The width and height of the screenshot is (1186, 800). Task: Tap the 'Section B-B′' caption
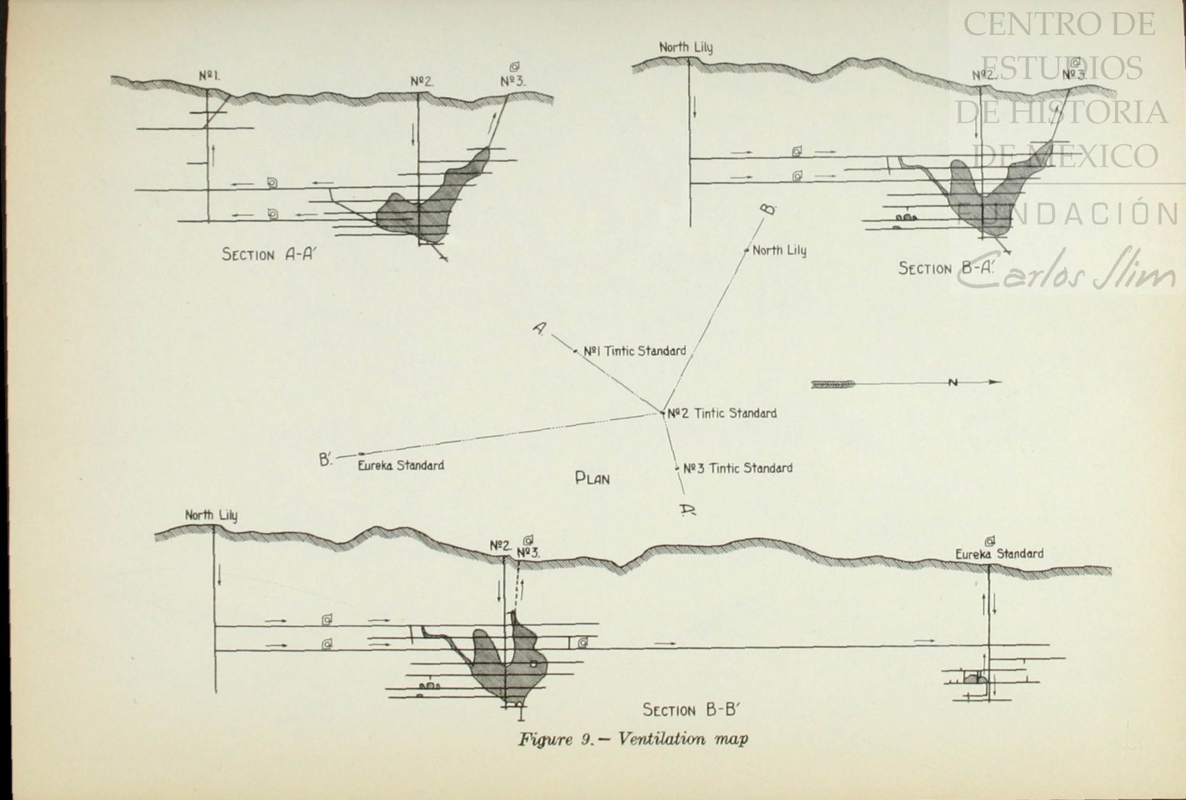(690, 709)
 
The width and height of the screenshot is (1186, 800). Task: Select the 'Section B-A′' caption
(946, 268)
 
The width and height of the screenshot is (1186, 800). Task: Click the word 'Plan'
(592, 478)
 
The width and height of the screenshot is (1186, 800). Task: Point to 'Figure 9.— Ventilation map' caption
(632, 740)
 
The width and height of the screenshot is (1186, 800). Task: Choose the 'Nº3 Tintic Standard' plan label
(737, 468)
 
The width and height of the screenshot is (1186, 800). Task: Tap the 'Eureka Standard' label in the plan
(401, 465)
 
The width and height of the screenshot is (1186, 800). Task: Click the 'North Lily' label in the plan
(779, 250)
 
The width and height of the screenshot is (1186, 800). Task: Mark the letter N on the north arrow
(952, 383)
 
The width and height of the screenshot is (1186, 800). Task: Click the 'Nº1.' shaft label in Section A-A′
(209, 76)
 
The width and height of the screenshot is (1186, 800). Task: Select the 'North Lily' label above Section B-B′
(211, 515)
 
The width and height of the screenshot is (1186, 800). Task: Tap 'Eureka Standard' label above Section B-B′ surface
(999, 554)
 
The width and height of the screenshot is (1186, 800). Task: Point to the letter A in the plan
(539, 329)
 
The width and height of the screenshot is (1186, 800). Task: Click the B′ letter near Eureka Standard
(325, 459)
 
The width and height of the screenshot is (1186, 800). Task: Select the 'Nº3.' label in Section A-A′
(512, 81)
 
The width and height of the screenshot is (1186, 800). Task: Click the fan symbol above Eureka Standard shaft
(989, 540)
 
